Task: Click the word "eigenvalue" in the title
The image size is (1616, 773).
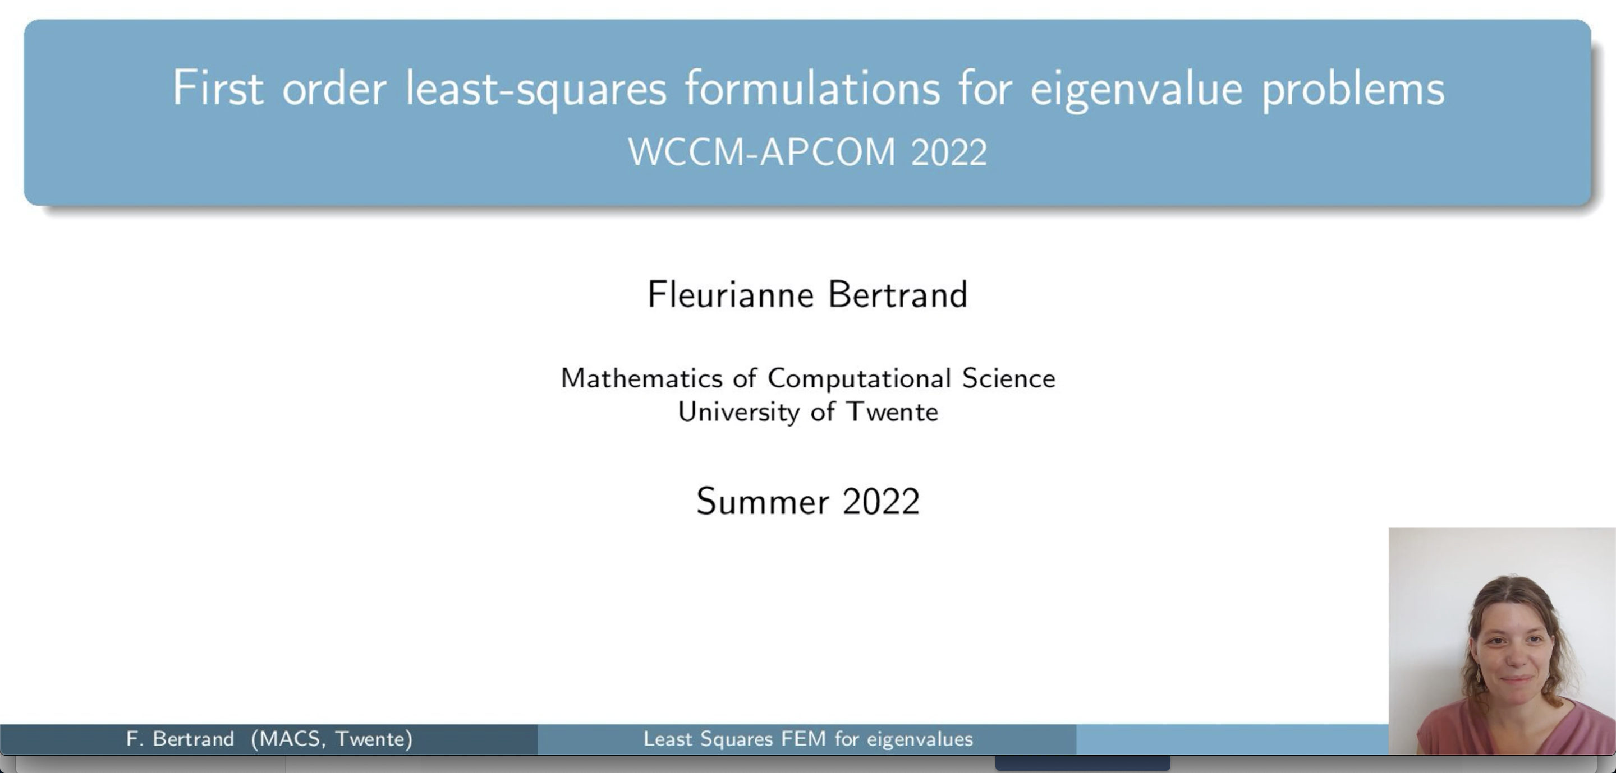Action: pyautogui.click(x=1136, y=90)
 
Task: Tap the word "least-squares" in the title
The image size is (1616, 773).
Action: pyautogui.click(x=536, y=90)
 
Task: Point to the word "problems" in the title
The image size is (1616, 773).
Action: pyautogui.click(x=1353, y=90)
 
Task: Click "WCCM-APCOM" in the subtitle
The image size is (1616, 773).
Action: pyautogui.click(x=761, y=152)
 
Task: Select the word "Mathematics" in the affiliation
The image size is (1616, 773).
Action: pyautogui.click(x=642, y=378)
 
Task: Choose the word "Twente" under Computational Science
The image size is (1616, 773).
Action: pyautogui.click(x=892, y=412)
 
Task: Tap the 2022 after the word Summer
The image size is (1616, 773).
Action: pyautogui.click(x=881, y=502)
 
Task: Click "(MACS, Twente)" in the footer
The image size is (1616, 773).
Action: pyautogui.click(x=332, y=738)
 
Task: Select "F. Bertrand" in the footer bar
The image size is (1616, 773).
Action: pyautogui.click(x=180, y=738)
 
